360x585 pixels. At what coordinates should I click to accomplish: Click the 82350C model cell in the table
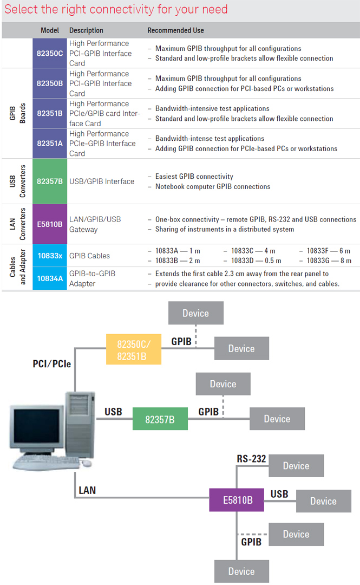click(50, 53)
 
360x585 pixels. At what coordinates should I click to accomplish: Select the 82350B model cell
click(50, 83)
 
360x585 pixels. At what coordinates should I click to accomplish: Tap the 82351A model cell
click(50, 144)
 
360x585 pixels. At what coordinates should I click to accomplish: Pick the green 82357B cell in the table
click(50, 181)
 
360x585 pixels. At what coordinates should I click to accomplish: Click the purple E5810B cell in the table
click(50, 224)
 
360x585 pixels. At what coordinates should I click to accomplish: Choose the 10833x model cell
click(50, 256)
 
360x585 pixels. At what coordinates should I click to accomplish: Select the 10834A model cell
click(50, 278)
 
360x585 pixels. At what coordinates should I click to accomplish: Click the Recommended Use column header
click(175, 30)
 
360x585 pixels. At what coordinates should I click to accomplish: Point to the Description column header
click(86, 30)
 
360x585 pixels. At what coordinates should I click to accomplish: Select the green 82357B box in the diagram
click(160, 419)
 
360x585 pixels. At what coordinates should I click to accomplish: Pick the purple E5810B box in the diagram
click(236, 500)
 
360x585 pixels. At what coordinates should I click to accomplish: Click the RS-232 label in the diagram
click(251, 459)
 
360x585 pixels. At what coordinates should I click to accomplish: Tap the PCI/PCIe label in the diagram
click(52, 364)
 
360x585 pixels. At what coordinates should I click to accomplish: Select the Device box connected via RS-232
click(296, 466)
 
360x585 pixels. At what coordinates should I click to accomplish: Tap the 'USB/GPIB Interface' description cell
click(102, 181)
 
